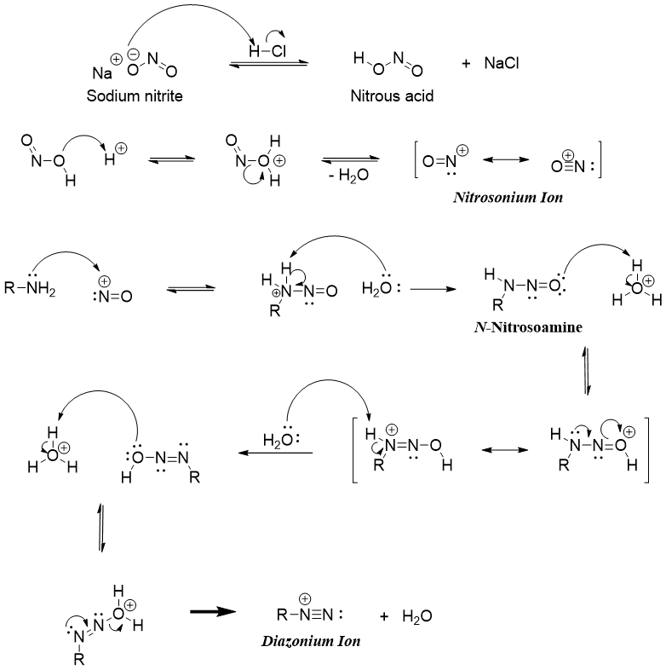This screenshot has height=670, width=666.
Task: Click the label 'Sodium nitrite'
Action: [x=135, y=96]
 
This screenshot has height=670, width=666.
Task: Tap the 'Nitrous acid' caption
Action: [x=393, y=96]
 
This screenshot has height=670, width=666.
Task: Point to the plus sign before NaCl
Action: [x=465, y=64]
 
